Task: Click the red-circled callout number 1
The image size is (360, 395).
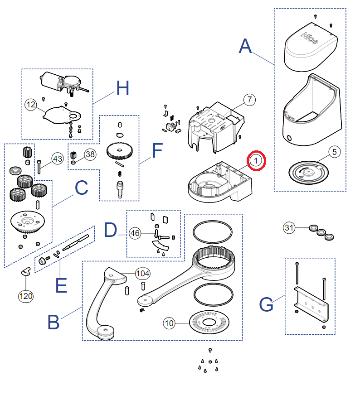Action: (x=256, y=161)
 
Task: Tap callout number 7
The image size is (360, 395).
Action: (x=249, y=100)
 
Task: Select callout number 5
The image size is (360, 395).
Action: (x=334, y=152)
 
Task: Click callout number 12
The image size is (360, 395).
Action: (x=31, y=105)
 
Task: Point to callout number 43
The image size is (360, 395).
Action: (x=57, y=159)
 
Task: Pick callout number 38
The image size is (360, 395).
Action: (x=90, y=154)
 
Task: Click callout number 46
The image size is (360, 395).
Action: (x=135, y=233)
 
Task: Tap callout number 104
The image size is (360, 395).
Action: (x=143, y=273)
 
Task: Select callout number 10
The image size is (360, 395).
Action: (x=169, y=323)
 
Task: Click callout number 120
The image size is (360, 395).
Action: (x=26, y=296)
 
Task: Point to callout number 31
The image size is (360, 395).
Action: (x=290, y=228)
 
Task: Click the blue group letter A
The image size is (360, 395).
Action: (x=245, y=47)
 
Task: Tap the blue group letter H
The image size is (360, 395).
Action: (x=122, y=88)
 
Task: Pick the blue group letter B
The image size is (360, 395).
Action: (x=54, y=323)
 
